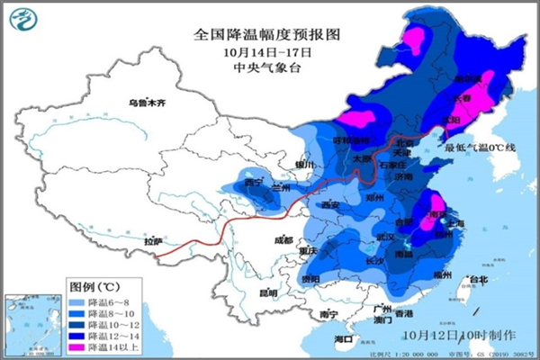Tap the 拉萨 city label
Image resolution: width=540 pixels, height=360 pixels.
click(x=154, y=241)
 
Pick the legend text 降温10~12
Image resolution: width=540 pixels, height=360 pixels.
click(x=112, y=324)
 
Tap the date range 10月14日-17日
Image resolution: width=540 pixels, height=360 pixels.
click(x=269, y=51)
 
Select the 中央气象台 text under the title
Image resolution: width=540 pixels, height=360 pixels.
click(x=269, y=67)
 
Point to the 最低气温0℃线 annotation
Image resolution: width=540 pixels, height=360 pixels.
click(x=479, y=147)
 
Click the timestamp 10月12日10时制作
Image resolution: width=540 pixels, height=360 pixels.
click(x=448, y=334)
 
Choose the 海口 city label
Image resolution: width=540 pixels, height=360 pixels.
click(x=343, y=338)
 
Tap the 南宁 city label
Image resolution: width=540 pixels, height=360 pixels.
click(x=328, y=313)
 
